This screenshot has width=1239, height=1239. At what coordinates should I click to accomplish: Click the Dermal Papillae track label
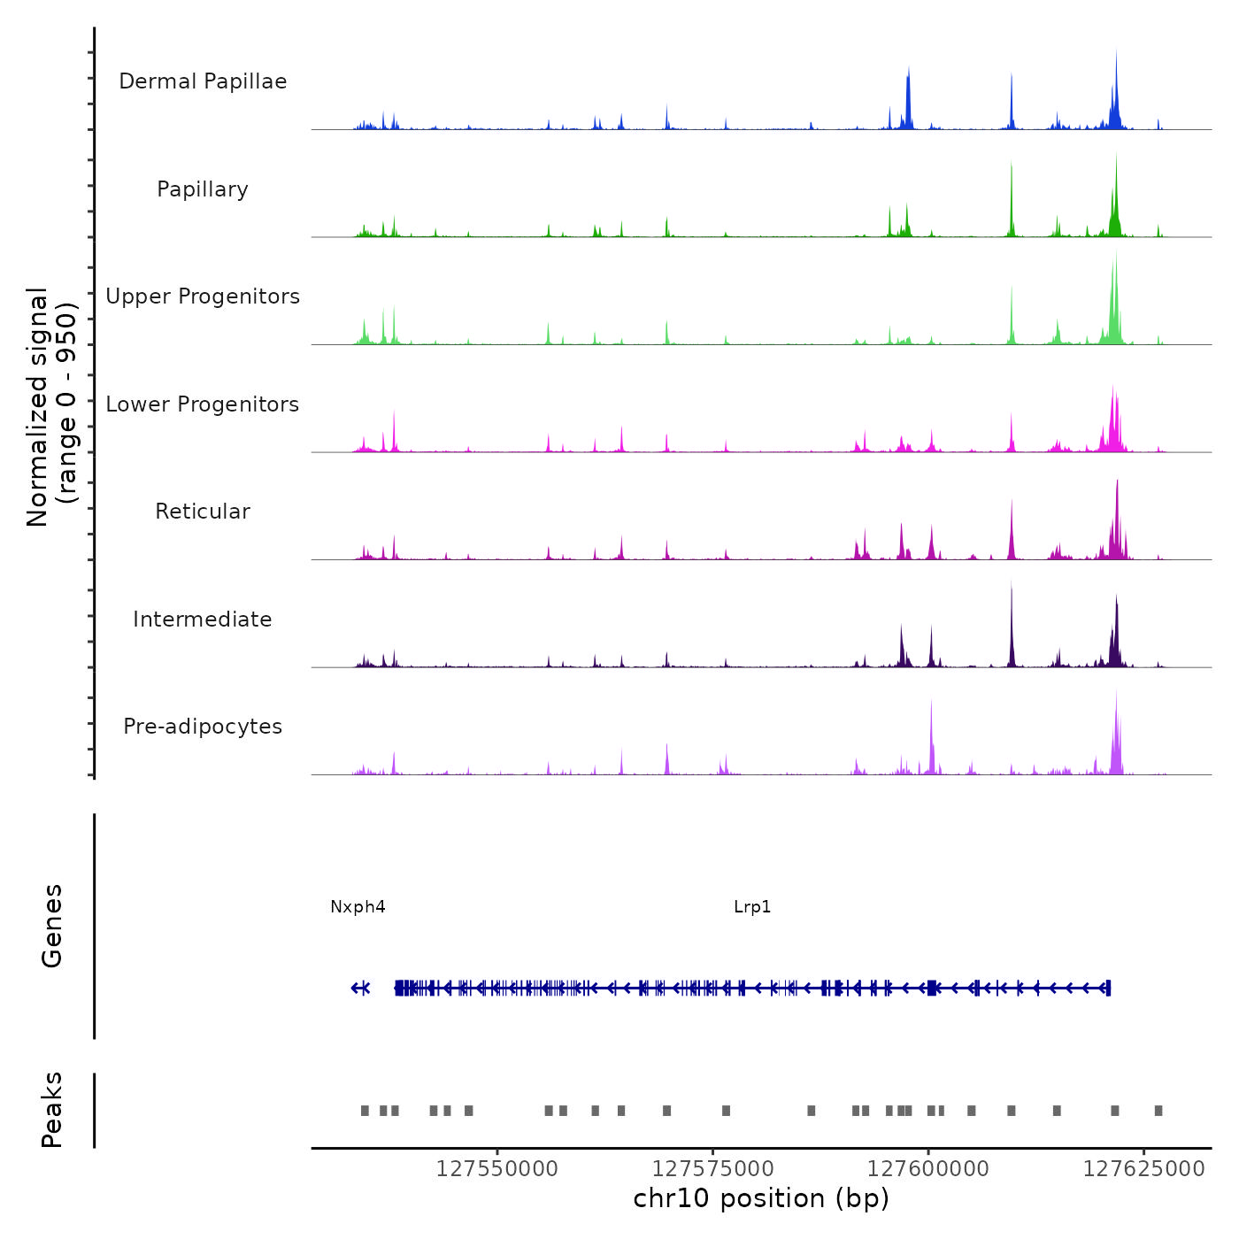[x=203, y=81]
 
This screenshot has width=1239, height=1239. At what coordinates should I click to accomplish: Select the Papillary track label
[x=203, y=189]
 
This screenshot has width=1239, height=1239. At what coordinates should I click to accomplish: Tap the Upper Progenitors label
[x=203, y=296]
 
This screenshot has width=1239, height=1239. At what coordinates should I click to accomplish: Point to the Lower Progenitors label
[x=203, y=404]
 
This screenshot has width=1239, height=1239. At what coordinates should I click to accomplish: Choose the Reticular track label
[x=203, y=512]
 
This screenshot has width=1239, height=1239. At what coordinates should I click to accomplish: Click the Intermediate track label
[x=203, y=619]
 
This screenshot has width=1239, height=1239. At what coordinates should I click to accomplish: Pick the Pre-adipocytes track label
[x=203, y=727]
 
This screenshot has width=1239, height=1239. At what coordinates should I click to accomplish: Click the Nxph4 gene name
[x=358, y=907]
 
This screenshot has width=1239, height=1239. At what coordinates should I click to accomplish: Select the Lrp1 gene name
[x=752, y=907]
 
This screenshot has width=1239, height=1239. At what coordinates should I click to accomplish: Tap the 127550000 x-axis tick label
[x=496, y=1169]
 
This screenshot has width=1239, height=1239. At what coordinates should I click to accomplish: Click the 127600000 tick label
[x=927, y=1169]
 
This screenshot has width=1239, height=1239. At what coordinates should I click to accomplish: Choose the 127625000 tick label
[x=1143, y=1169]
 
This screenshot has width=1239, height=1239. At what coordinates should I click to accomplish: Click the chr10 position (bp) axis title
[x=761, y=1199]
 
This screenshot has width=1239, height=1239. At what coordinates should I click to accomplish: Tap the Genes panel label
[x=52, y=926]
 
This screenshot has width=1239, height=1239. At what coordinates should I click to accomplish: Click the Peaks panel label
[x=52, y=1110]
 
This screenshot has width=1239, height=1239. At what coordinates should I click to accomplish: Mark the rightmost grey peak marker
[x=1158, y=1111]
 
